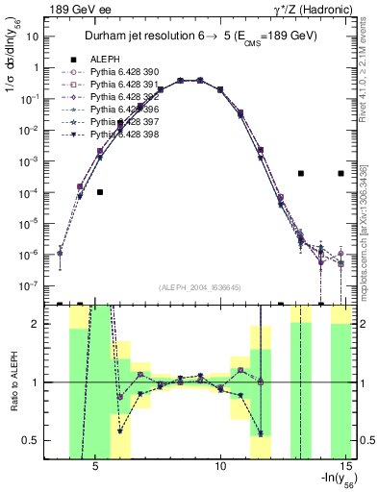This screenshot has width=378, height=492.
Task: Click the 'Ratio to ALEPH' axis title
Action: pos(12,382)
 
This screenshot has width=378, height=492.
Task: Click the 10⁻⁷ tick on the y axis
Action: pos(29,286)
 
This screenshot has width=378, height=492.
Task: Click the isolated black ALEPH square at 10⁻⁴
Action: pos(100,192)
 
